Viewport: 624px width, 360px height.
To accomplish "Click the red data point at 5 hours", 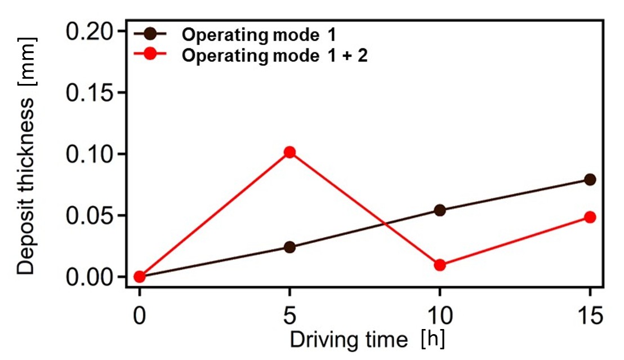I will pyautogui.click(x=289, y=152).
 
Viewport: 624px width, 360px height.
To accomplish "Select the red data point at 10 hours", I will pyautogui.click(x=440, y=265).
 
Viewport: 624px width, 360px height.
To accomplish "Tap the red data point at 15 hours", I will pyautogui.click(x=590, y=217).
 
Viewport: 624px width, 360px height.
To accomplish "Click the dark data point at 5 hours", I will pyautogui.click(x=289, y=247).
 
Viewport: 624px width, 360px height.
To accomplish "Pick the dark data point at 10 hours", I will pyautogui.click(x=440, y=210).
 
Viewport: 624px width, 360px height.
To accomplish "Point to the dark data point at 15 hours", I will pyautogui.click(x=590, y=179).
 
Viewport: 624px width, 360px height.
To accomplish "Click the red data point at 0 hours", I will pyautogui.click(x=140, y=277).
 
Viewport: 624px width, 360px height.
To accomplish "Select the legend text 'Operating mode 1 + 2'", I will pyautogui.click(x=275, y=56).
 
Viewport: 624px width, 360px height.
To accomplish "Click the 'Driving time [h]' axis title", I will pyautogui.click(x=367, y=340).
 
